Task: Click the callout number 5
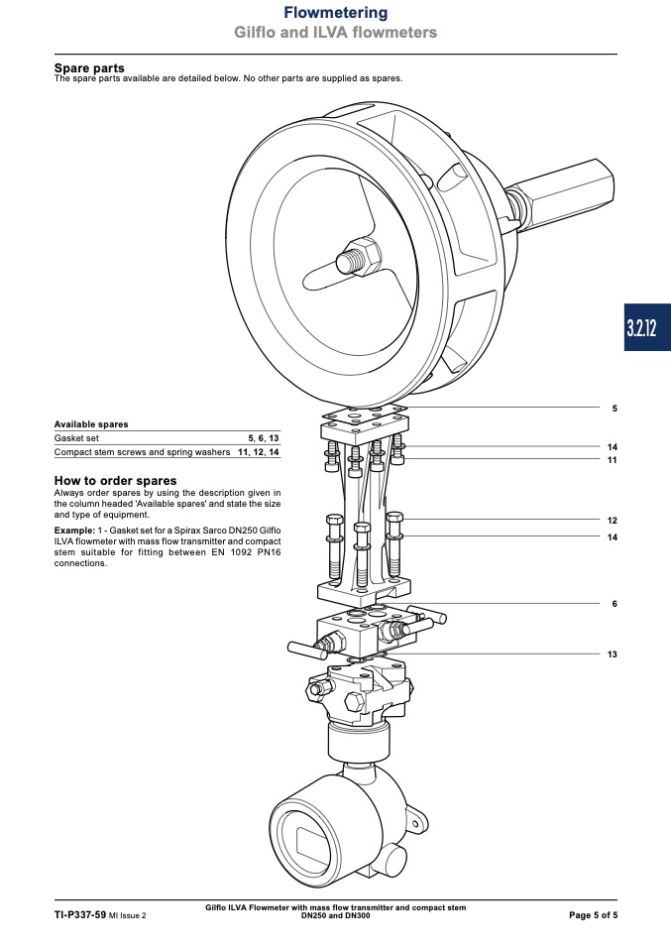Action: [x=615, y=409]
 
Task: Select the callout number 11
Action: [x=613, y=460]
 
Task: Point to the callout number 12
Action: [x=613, y=521]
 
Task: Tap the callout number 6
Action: [x=615, y=604]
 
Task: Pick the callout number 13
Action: [x=613, y=654]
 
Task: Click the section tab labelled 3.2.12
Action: [x=647, y=328]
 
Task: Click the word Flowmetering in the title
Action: [x=335, y=13]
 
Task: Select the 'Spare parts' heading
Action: [x=89, y=67]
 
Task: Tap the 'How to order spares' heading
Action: [x=115, y=480]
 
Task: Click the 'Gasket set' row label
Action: [x=76, y=438]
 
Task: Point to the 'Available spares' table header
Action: [x=91, y=424]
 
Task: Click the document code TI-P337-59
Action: [x=80, y=915]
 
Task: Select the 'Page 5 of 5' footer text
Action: [x=593, y=915]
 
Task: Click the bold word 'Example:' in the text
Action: [x=74, y=531]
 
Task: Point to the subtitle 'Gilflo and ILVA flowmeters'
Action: [x=335, y=32]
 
